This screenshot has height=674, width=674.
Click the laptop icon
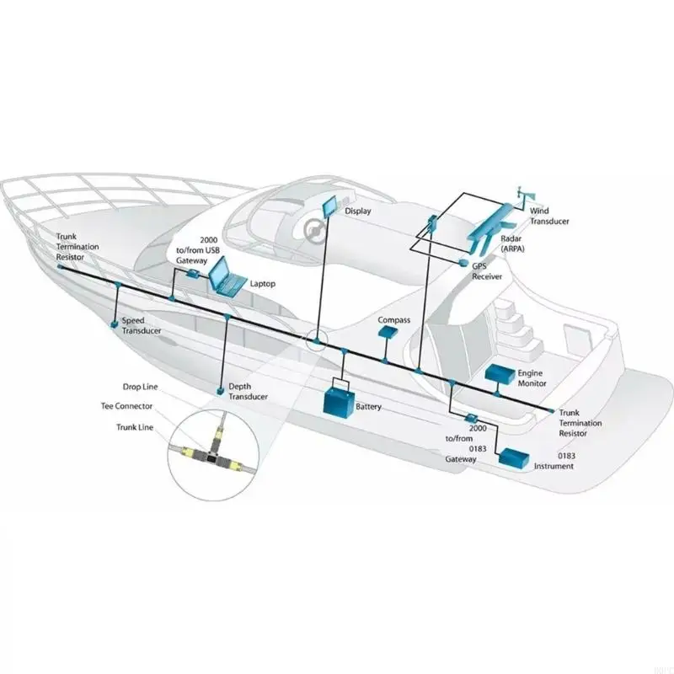click(x=224, y=276)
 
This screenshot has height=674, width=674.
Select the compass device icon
click(x=388, y=332)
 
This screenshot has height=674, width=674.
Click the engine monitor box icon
click(x=499, y=374)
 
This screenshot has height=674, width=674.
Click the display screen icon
click(x=329, y=207)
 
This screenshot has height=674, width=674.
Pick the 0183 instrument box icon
click(x=514, y=457)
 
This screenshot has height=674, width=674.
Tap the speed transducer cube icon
click(x=115, y=323)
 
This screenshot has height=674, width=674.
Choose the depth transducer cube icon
click(x=222, y=390)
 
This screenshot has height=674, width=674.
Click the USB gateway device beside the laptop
click(x=193, y=275)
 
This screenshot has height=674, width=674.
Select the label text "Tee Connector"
click(x=126, y=405)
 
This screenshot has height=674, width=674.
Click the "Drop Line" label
click(x=141, y=386)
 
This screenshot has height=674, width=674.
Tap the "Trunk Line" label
click(x=135, y=427)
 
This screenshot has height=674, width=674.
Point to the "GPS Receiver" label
click(x=486, y=270)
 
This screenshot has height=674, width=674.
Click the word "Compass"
click(x=393, y=319)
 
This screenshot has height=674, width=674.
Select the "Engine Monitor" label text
click(x=531, y=377)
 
